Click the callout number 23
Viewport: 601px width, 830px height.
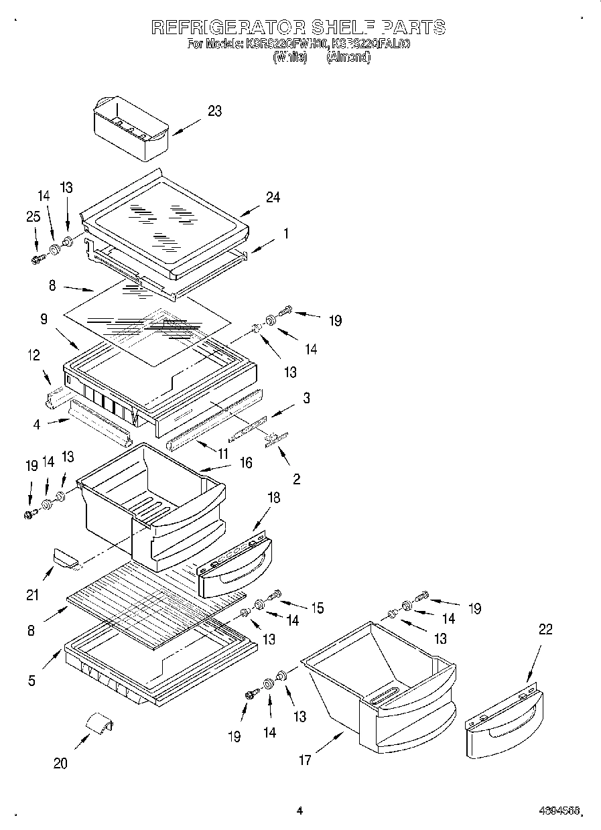214,111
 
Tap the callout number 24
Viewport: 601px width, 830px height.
273,197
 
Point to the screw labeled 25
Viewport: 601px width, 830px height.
38,257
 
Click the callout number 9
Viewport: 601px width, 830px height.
43,320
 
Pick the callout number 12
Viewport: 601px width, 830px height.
34,355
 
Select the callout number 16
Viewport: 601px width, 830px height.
246,462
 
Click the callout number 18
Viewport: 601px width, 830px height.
273,498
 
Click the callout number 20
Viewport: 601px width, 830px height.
60,763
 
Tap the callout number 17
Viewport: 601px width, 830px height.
305,761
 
